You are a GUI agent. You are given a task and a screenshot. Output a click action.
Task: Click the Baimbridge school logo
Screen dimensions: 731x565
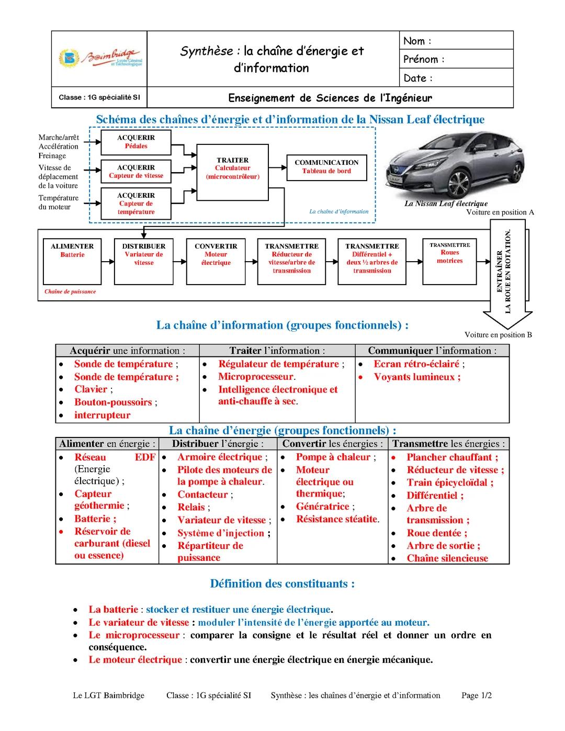tap(99, 58)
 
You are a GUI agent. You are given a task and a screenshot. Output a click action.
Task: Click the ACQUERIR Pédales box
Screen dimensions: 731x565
tap(136, 142)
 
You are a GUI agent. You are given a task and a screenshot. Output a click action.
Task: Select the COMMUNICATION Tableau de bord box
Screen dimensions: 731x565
tap(326, 167)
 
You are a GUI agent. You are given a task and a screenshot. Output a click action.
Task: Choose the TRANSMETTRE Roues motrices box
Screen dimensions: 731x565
tap(450, 260)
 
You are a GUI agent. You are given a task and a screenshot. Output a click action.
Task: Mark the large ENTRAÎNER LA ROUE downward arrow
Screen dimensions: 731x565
tap(507, 272)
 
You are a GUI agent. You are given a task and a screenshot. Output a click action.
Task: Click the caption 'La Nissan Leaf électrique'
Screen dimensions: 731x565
tap(446, 204)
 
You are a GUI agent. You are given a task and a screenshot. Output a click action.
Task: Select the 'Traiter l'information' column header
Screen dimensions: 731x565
tap(277, 351)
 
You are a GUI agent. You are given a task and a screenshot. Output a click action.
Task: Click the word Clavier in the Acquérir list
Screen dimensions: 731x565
tap(91, 389)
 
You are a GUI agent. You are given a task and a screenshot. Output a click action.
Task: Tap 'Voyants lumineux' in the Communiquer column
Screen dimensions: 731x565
tap(417, 377)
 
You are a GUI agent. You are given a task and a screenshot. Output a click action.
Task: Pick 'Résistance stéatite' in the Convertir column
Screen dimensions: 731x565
tap(337, 519)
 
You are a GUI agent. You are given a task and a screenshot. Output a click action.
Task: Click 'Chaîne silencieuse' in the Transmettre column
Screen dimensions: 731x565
tap(447, 558)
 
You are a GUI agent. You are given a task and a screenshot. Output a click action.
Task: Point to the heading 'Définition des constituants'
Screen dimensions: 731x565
tap(282, 583)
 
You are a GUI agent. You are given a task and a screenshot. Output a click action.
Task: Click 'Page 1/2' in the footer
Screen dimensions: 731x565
tap(477, 695)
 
